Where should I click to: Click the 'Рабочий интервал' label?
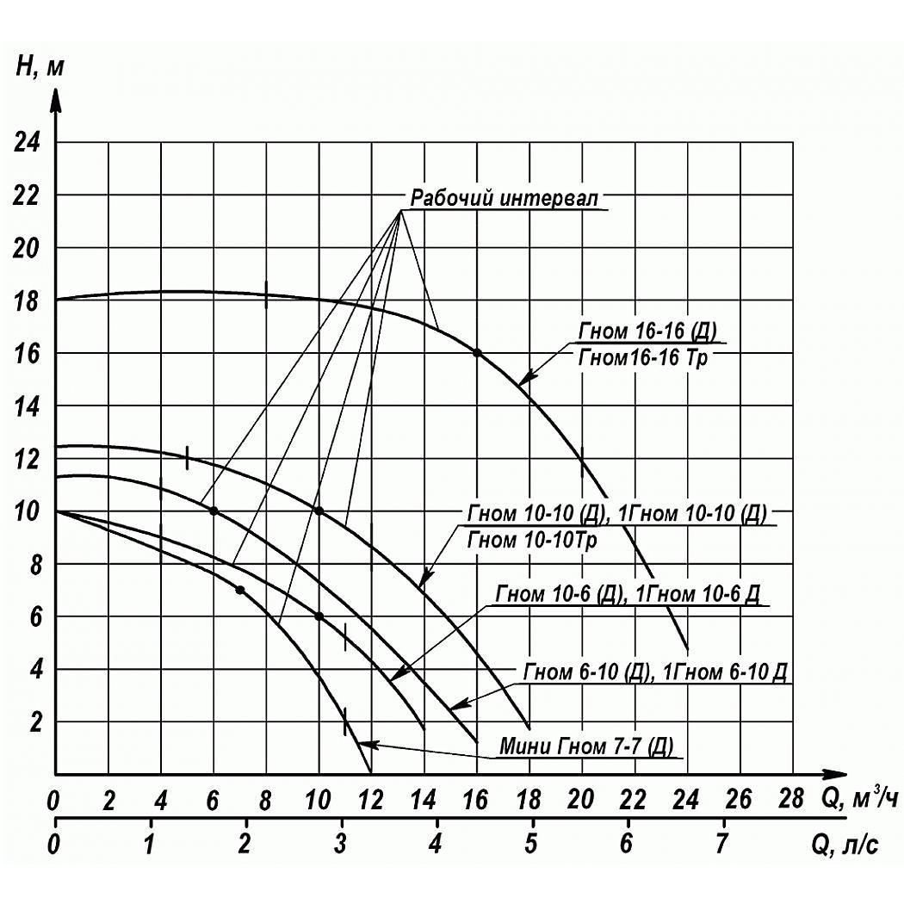pos(503,198)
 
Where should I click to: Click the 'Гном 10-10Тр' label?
pos(532,541)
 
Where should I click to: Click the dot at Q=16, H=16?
pos(477,353)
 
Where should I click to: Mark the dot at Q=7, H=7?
pos(240,590)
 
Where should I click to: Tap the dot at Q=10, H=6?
pos(319,616)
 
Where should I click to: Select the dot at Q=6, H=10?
pos(214,511)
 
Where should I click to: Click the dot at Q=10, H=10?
pos(319,511)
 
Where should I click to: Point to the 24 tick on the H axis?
pos(28,142)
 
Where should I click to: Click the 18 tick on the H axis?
pos(28,300)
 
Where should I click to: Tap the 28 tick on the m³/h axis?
pos(791,801)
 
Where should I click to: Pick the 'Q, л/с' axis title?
pos(845,845)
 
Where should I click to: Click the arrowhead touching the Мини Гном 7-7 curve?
pos(362,742)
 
